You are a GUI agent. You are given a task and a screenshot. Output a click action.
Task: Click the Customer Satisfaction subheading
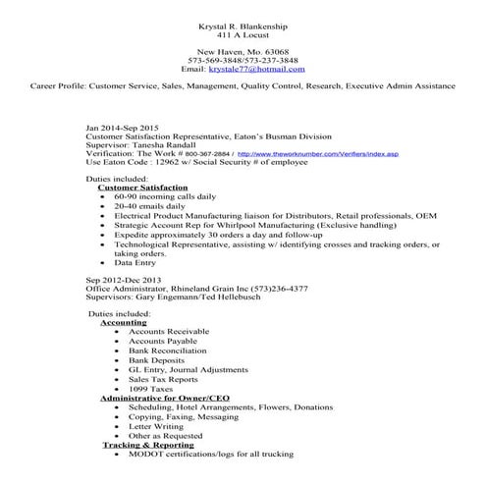pos(143,187)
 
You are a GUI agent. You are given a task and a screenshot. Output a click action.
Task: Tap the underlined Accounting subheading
pos(124,322)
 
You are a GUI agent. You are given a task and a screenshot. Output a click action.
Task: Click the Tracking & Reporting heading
pos(151,445)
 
